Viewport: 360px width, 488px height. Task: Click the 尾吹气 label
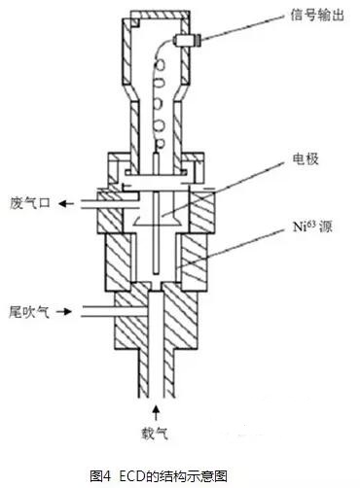pyautogui.click(x=27, y=311)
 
